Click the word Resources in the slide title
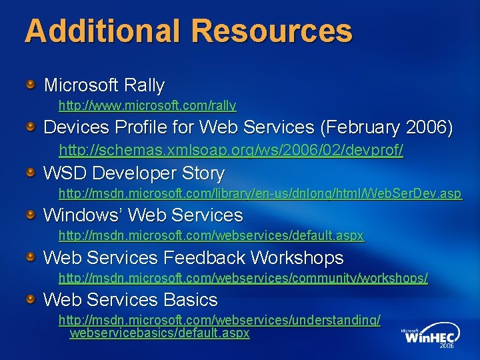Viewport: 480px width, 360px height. tap(271, 31)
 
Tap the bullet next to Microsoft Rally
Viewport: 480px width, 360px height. tap(31, 84)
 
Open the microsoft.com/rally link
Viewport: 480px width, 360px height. tap(147, 105)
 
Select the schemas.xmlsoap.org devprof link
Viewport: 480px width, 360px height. tap(231, 150)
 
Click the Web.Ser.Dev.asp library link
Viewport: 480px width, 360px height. tap(259, 193)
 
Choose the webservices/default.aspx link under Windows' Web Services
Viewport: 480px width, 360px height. tap(211, 235)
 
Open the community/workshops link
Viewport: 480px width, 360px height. tap(243, 277)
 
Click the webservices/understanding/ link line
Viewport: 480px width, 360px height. tap(219, 320)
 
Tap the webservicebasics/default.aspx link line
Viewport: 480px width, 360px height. tap(159, 333)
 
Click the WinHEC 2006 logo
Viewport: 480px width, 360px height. tap(429, 338)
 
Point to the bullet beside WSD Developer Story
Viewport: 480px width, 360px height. tap(31, 173)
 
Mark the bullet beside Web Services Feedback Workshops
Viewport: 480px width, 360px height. tap(31, 257)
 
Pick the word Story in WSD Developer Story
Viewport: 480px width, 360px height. tap(201, 173)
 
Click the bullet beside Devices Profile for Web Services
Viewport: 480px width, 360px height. tap(31, 126)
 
